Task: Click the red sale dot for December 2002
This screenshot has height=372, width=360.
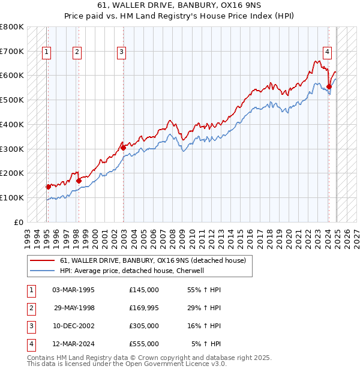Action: [123, 147]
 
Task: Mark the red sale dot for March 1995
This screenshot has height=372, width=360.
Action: [48, 187]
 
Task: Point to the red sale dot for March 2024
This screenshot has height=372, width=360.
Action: [329, 86]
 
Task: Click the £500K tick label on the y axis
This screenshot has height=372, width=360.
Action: [12, 100]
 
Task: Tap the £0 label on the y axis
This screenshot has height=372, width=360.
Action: [18, 222]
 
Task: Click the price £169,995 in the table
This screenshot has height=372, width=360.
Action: [144, 308]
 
